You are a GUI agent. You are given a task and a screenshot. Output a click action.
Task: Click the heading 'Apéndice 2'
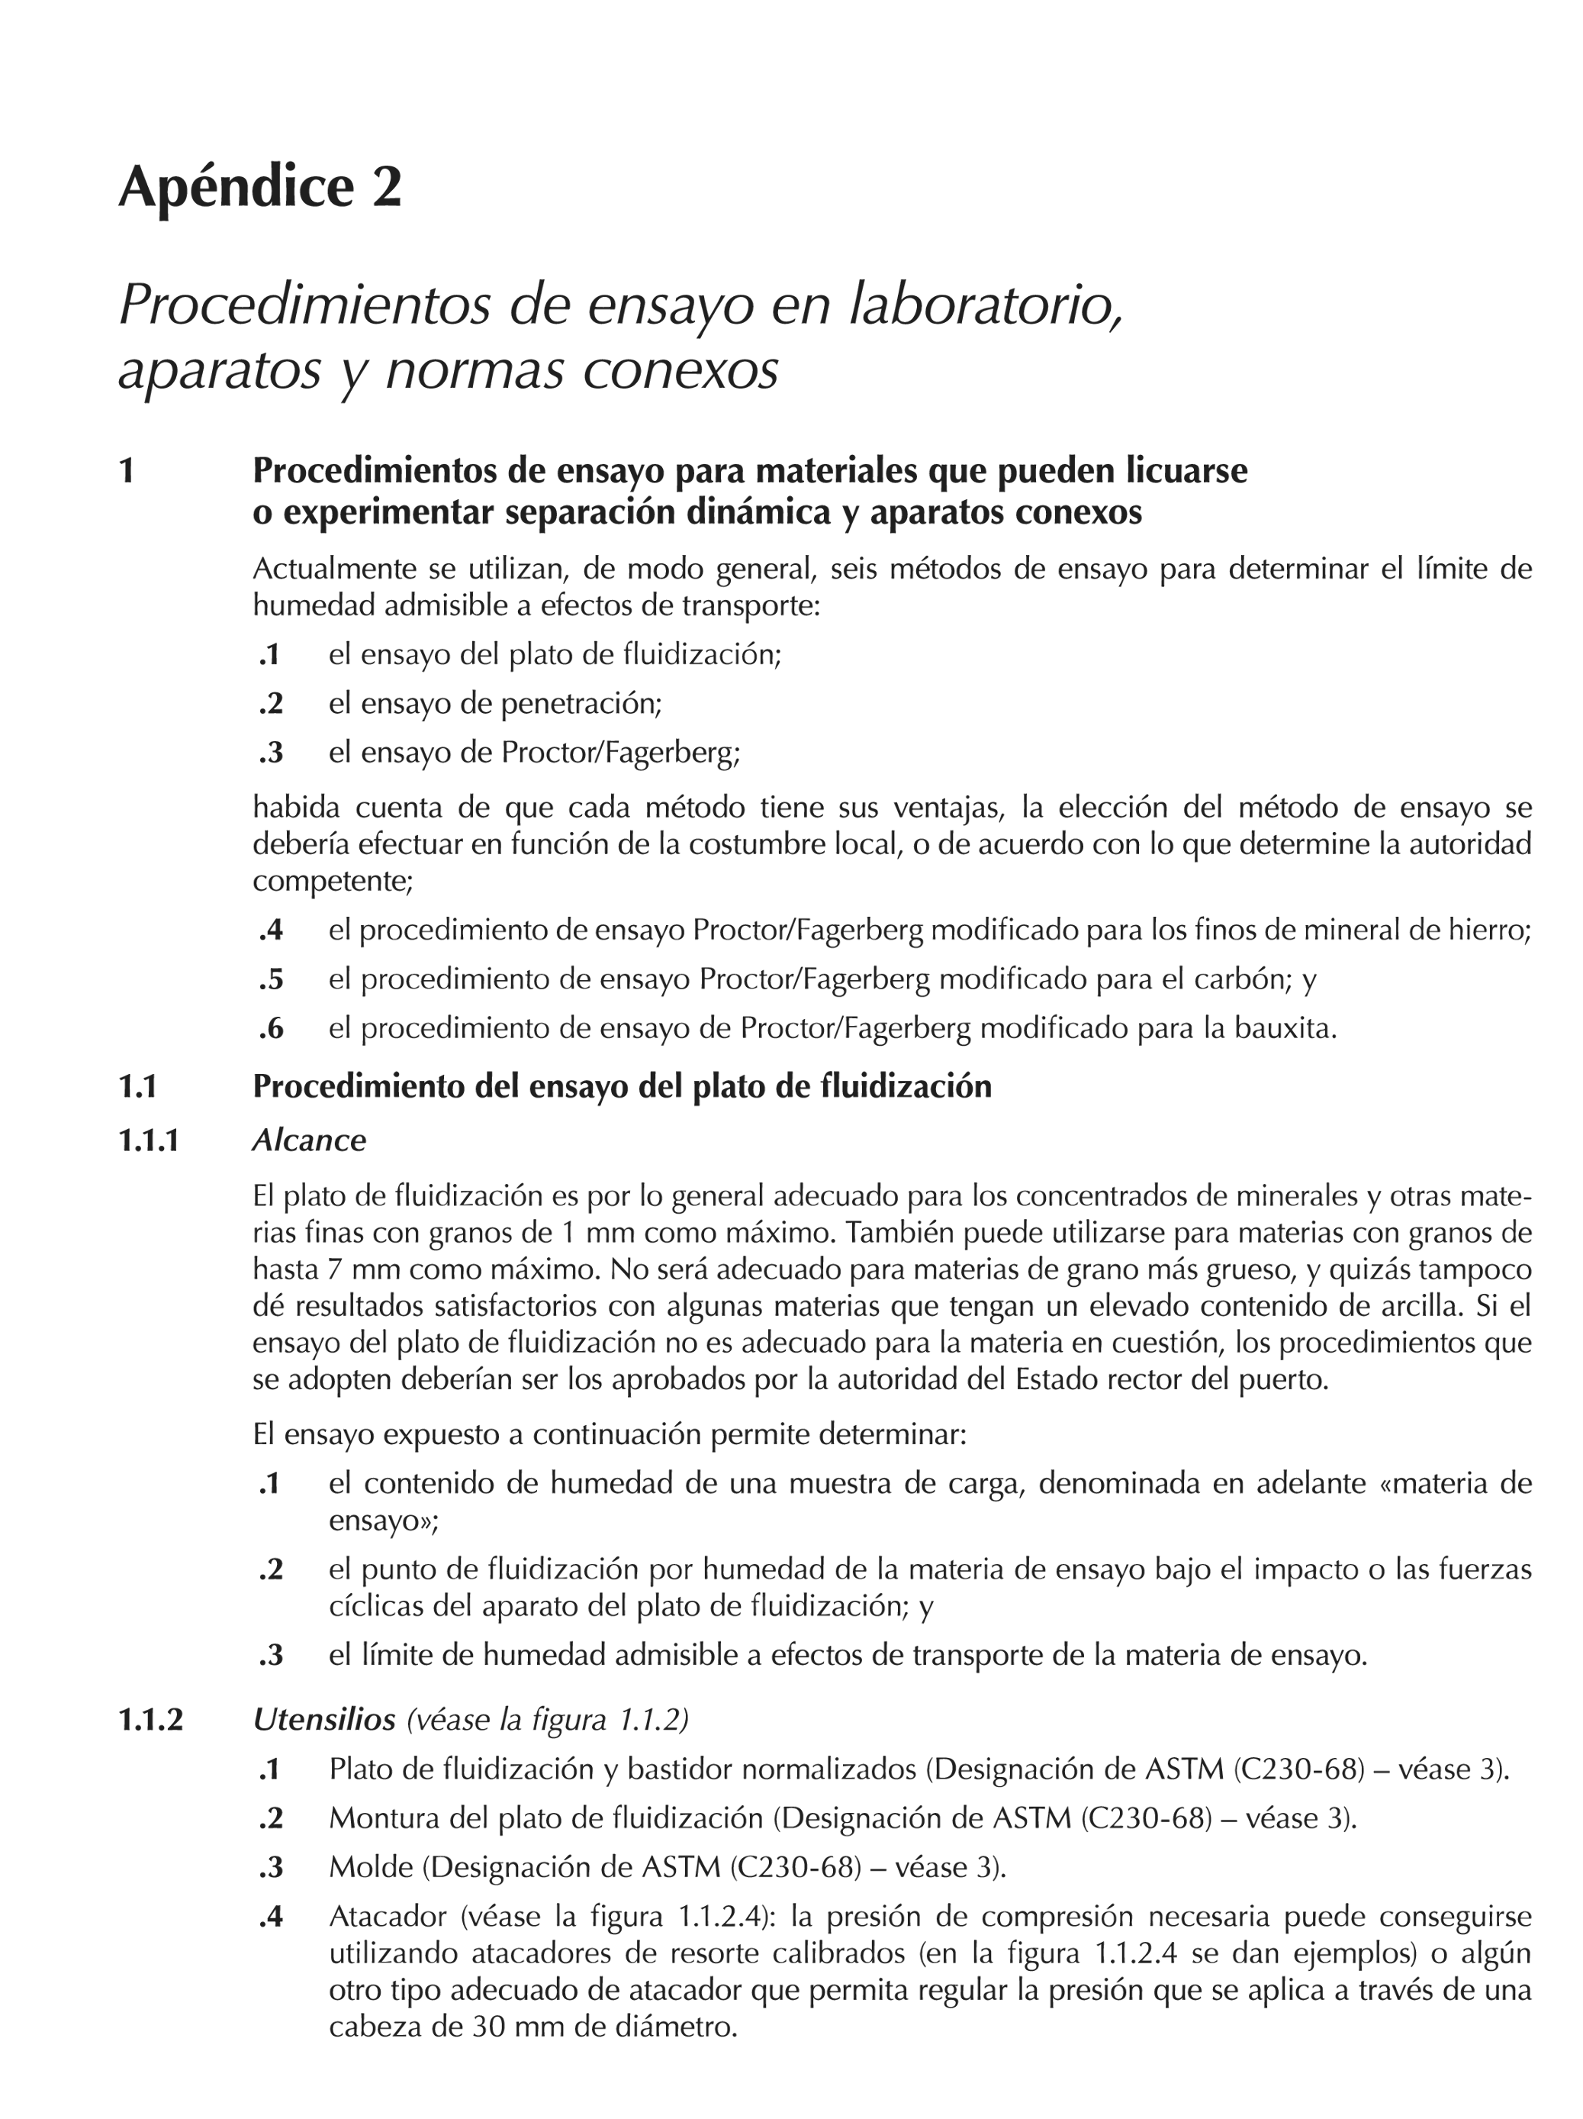click(259, 187)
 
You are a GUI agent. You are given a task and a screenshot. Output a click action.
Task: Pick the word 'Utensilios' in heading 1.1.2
click(323, 1720)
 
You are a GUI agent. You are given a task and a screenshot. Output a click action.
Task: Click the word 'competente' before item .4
click(331, 882)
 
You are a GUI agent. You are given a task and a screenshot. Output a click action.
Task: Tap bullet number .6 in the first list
click(271, 1029)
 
